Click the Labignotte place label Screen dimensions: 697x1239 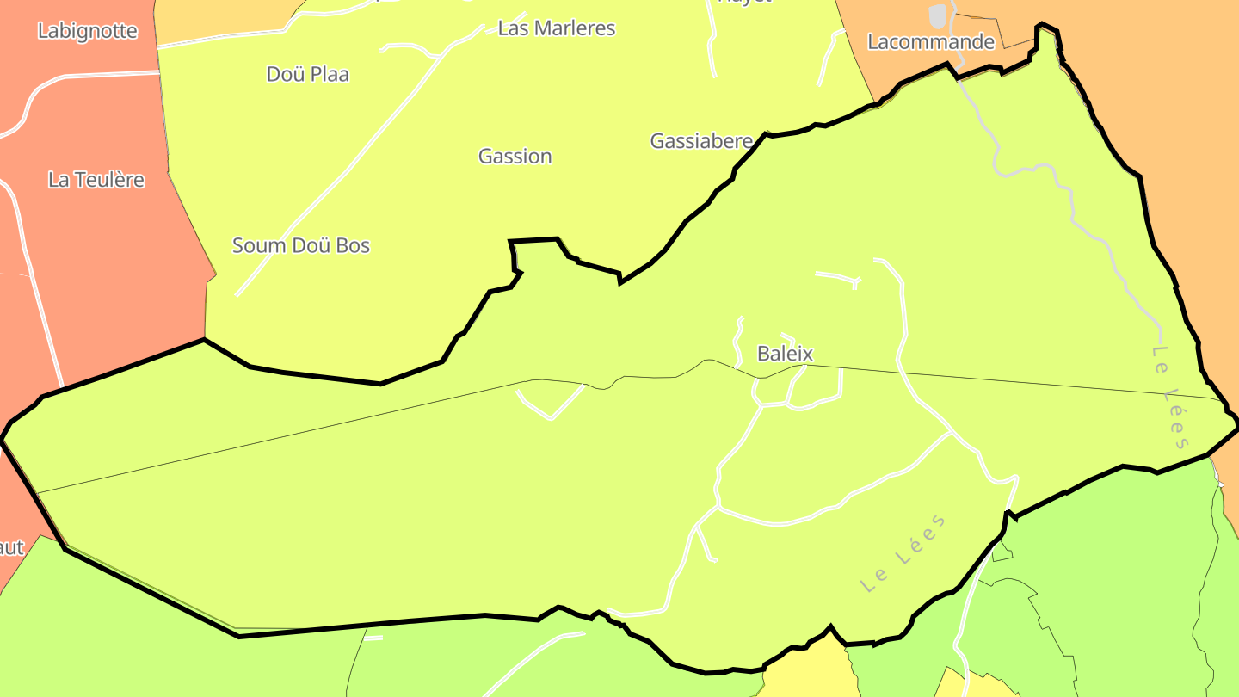pos(87,31)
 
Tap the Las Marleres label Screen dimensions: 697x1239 pos(557,28)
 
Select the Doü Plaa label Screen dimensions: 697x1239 pos(308,75)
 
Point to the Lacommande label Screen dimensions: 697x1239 pos(930,42)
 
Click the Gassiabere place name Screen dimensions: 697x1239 pos(701,141)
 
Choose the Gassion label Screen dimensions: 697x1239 pos(515,157)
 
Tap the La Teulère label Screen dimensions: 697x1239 pos(96,181)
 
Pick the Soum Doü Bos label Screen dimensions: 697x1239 pos(301,246)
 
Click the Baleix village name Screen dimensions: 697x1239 pos(785,354)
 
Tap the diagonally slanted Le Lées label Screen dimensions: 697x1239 pos(903,553)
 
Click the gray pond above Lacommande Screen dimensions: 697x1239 pos(938,15)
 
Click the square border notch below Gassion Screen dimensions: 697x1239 pos(535,252)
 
